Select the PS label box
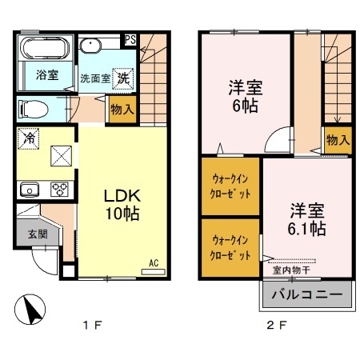click(x=129, y=38)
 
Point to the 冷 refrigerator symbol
click(x=27, y=137)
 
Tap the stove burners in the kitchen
click(x=58, y=190)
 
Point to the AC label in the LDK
click(x=153, y=262)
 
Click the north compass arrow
click(x=30, y=310)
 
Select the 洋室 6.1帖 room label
click(x=306, y=219)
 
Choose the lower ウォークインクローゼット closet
click(x=230, y=247)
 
